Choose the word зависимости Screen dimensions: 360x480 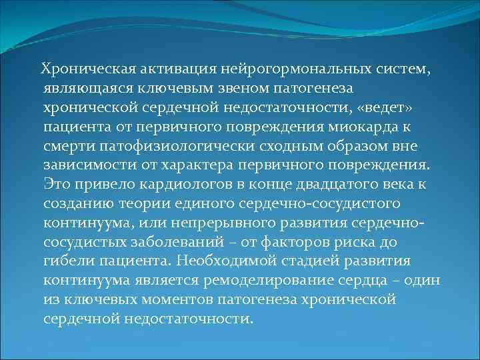point(85,165)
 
